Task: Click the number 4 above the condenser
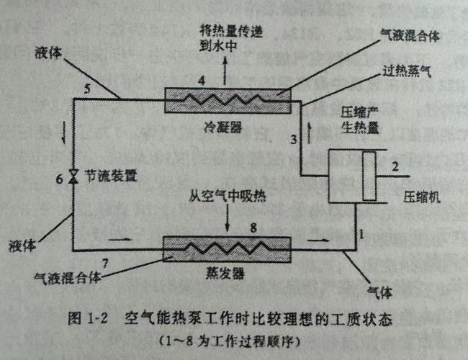tap(202, 79)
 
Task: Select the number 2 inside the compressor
tap(395, 167)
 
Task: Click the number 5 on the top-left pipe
tap(87, 89)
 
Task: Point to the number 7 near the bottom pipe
tap(106, 260)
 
